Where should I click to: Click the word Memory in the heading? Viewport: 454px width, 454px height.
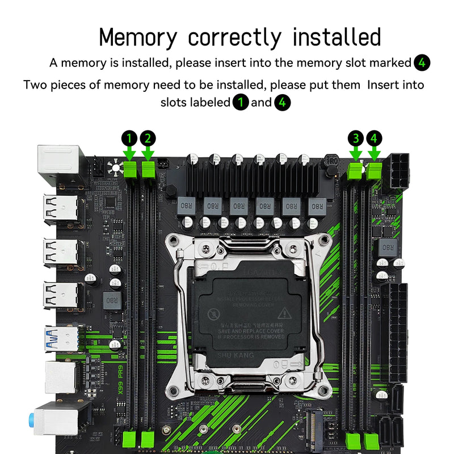point(138,37)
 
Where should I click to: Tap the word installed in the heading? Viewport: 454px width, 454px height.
point(337,37)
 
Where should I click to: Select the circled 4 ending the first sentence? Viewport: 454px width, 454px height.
point(422,63)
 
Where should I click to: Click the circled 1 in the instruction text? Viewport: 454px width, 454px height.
point(241,103)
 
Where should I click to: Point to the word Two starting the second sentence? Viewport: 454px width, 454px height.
point(35,85)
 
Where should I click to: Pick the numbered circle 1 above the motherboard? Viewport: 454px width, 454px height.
point(129,138)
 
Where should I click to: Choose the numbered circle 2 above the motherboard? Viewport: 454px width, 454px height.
point(148,138)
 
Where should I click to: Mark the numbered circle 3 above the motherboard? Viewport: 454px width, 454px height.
point(356,138)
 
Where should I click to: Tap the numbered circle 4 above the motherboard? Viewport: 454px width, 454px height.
point(374,138)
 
